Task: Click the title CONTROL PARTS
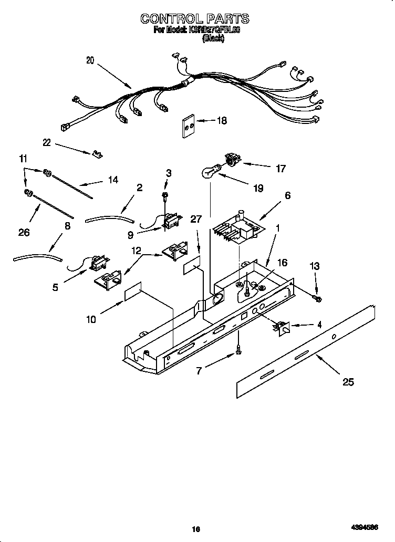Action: pyautogui.click(x=194, y=19)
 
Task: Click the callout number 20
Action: pyautogui.click(x=90, y=60)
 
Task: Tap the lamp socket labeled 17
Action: pyautogui.click(x=232, y=159)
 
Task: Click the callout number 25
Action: pyautogui.click(x=348, y=382)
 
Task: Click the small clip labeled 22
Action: pyautogui.click(x=96, y=154)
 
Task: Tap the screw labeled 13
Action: pyautogui.click(x=317, y=298)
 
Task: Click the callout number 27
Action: pyautogui.click(x=196, y=220)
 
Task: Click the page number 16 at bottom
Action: pyautogui.click(x=195, y=529)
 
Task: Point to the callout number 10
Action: pyautogui.click(x=91, y=319)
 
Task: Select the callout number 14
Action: pyautogui.click(x=112, y=180)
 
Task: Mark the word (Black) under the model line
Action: pyautogui.click(x=213, y=39)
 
